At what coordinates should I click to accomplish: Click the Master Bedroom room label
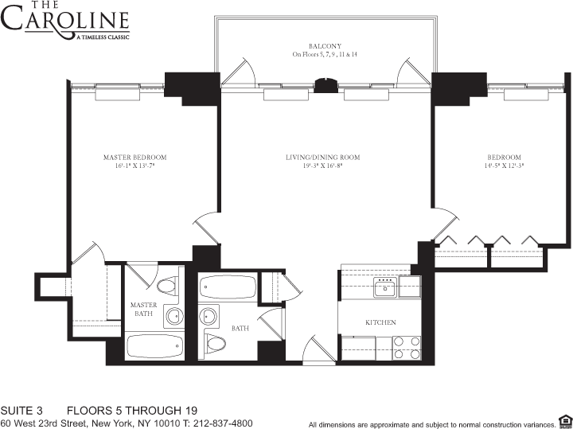click(134, 158)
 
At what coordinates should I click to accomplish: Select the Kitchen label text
click(380, 322)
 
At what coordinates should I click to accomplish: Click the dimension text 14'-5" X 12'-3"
click(505, 166)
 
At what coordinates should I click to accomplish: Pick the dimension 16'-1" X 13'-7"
click(134, 166)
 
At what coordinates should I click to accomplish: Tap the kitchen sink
click(387, 287)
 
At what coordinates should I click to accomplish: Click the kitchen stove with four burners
click(407, 348)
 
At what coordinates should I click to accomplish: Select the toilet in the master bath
click(166, 285)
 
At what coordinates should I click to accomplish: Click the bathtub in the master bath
click(154, 345)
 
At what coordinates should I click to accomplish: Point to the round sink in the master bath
click(173, 316)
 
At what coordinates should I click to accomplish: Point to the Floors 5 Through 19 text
click(131, 411)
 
